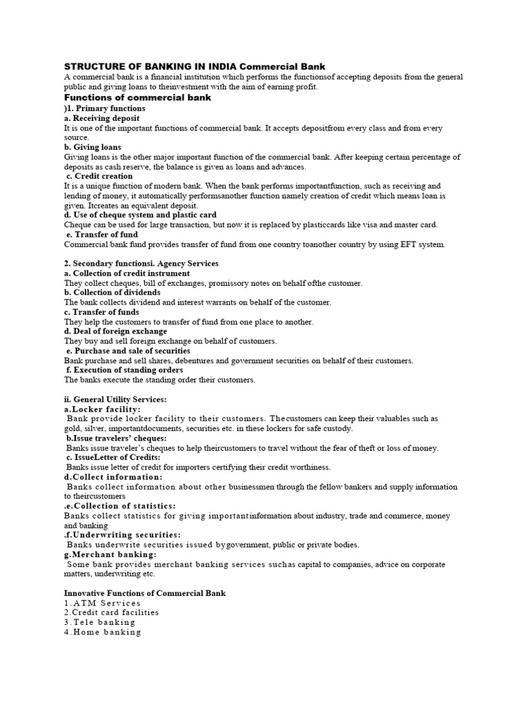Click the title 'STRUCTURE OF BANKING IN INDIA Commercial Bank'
[x=194, y=66]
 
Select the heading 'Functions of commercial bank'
[x=137, y=97]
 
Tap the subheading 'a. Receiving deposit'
[x=101, y=119]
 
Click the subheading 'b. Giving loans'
[x=92, y=147]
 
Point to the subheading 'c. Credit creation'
[x=100, y=176]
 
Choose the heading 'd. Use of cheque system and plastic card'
[x=140, y=215]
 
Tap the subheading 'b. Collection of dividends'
[x=112, y=293]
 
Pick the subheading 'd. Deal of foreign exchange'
[x=115, y=331]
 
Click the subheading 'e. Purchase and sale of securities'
[x=128, y=351]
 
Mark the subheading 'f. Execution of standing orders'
[x=125, y=370]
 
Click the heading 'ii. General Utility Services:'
[x=115, y=399]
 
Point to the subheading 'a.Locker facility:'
[x=101, y=409]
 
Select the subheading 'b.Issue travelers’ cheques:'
[x=117, y=438]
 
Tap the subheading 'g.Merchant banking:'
[x=110, y=554]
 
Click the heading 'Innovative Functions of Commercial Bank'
[x=145, y=593]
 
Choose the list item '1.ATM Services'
[x=102, y=603]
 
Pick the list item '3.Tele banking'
[x=100, y=622]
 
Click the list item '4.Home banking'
[x=103, y=632]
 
